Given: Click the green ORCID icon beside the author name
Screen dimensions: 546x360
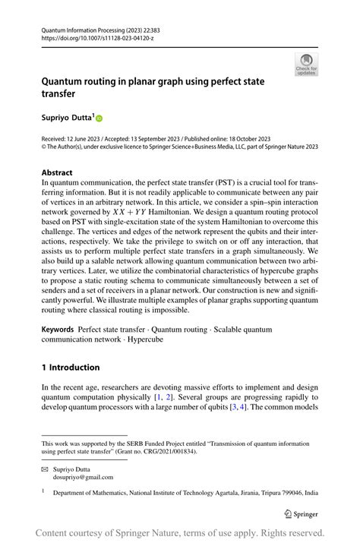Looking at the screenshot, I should coord(99,118).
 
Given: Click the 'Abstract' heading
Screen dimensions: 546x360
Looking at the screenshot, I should coord(57,173).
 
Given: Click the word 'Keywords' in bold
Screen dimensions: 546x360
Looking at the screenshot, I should coord(58,330).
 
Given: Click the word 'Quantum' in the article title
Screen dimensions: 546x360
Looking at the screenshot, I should coord(63,81).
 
